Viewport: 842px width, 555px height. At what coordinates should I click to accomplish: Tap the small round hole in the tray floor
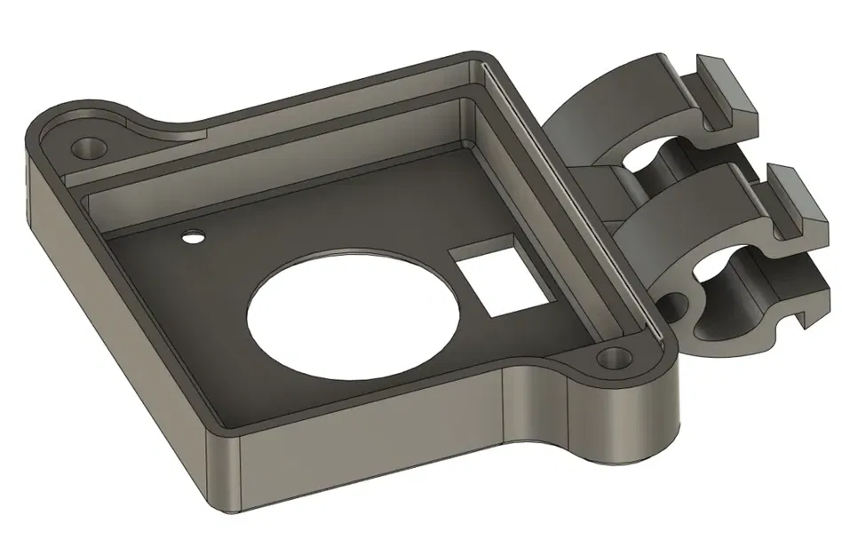[191, 237]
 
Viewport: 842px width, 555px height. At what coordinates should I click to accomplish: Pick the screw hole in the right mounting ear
[612, 359]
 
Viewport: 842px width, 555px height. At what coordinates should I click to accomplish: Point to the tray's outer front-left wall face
[115, 329]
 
